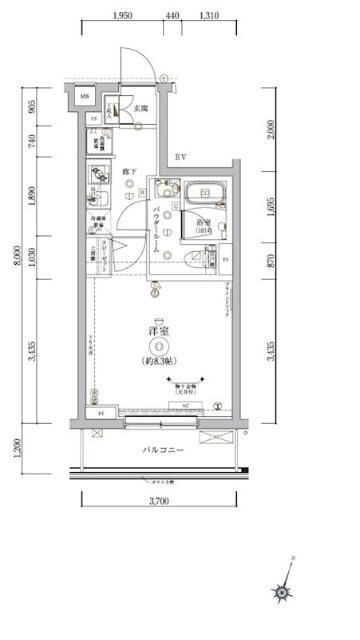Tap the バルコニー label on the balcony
[160, 452]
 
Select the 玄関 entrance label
[142, 108]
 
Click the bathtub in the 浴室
[206, 191]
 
